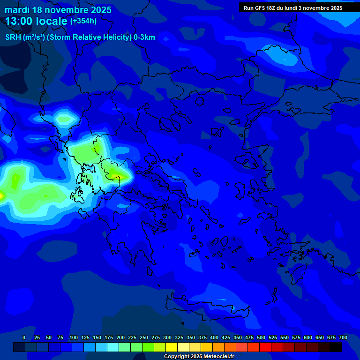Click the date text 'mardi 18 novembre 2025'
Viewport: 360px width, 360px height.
(58, 10)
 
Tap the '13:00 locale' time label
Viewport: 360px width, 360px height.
(36, 21)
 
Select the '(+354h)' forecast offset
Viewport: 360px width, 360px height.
(83, 21)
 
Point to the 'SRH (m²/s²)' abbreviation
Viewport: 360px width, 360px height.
(25, 37)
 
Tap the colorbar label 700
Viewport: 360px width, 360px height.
(343, 337)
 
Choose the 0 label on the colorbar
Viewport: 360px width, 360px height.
(24, 337)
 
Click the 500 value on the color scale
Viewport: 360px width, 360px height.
(249, 337)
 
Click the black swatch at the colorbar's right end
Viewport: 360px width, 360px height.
(336, 347)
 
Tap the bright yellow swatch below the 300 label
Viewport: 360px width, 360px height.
(172, 347)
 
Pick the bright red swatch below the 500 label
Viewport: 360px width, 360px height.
(265, 347)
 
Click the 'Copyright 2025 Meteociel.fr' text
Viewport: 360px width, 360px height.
(199, 357)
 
